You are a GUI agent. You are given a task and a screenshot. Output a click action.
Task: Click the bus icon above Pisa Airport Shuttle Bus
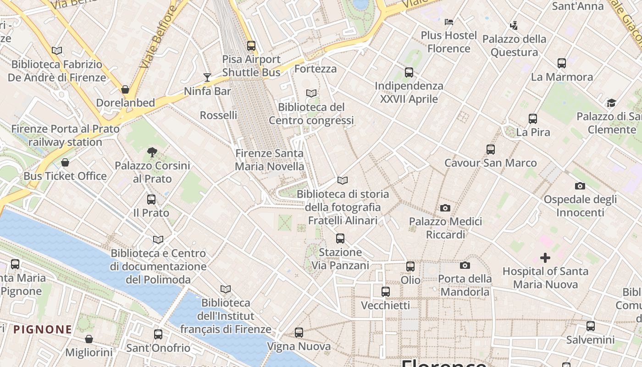click(251, 46)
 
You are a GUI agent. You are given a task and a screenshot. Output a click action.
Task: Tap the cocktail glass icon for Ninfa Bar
click(207, 77)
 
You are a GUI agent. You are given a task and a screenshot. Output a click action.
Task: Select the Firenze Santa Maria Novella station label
click(269, 160)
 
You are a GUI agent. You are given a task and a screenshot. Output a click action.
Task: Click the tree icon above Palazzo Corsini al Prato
click(152, 152)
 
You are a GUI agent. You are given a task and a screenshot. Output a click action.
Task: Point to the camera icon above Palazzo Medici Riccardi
click(445, 208)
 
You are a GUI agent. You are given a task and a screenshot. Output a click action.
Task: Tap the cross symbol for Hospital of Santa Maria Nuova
click(545, 258)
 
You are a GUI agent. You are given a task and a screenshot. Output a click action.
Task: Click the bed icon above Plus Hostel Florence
click(449, 22)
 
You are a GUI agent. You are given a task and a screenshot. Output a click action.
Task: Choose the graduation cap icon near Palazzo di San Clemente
click(611, 103)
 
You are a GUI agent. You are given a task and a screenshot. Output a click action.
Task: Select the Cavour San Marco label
click(490, 163)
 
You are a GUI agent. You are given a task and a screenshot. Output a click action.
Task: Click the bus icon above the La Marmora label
click(561, 63)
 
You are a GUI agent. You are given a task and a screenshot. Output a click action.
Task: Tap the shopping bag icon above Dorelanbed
click(125, 89)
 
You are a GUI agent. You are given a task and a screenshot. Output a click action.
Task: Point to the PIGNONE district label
click(43, 329)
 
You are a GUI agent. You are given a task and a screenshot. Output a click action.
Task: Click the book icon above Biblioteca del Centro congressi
click(311, 94)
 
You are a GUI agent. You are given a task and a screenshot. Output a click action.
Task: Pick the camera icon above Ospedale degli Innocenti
click(580, 186)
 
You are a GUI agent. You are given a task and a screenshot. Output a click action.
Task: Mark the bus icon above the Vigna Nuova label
click(299, 333)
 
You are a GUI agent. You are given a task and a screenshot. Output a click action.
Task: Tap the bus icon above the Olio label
click(410, 267)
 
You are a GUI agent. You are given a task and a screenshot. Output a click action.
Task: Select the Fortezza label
click(315, 69)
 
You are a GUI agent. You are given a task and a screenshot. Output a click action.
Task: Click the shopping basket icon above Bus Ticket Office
click(65, 162)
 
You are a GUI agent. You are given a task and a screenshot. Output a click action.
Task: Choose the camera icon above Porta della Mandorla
click(465, 265)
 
